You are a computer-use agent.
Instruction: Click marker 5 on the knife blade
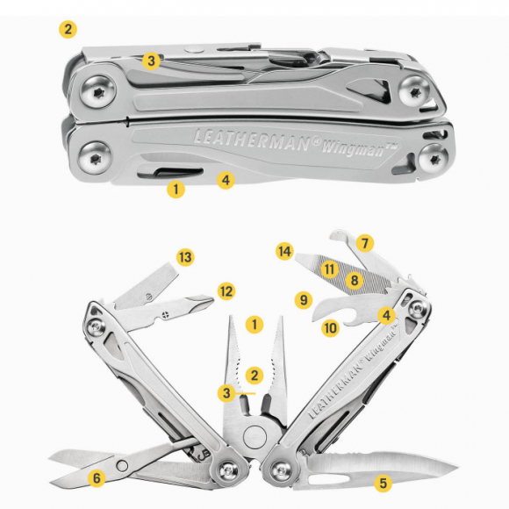coord(382,481)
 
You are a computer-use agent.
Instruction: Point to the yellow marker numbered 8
coord(354,280)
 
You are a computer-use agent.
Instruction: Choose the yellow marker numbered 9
coord(304,299)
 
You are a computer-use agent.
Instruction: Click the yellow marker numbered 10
coord(330,328)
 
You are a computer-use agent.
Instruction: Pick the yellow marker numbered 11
coord(330,269)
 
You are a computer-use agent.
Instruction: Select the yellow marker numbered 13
coord(183,257)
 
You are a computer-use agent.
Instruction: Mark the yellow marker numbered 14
coord(283,252)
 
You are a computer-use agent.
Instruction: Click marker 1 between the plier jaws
coord(254,324)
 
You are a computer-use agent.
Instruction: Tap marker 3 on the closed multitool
coord(152,61)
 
